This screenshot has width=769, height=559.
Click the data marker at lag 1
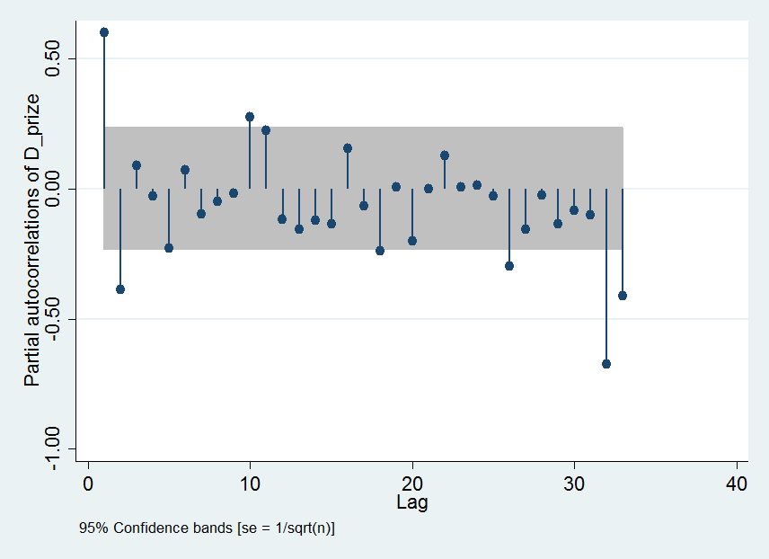tap(104, 32)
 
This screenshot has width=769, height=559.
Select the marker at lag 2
tap(120, 289)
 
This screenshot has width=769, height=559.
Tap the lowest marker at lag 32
tap(606, 364)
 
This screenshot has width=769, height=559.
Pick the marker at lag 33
tap(623, 296)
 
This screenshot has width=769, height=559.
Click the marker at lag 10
tap(250, 117)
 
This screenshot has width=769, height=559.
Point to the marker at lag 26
tap(509, 266)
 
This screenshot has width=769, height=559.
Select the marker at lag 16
tap(348, 148)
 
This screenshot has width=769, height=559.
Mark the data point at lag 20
tap(412, 241)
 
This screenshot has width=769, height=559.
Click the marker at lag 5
tap(169, 248)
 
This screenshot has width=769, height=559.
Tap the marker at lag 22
tap(445, 155)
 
